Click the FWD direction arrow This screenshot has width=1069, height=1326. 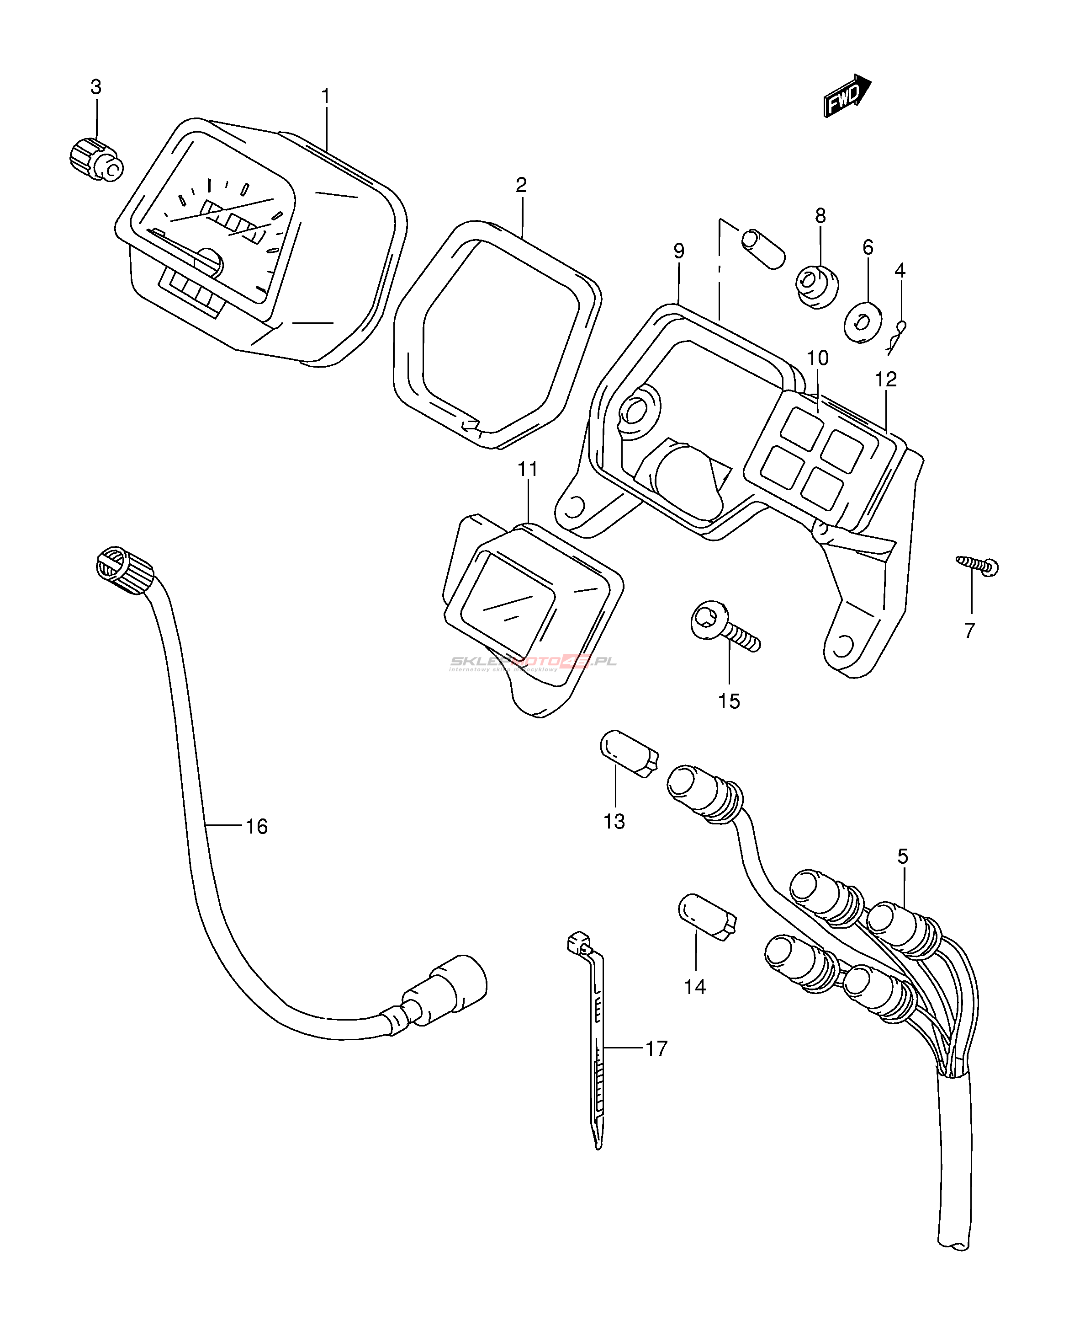click(847, 96)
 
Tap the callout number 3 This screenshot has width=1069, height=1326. click(96, 87)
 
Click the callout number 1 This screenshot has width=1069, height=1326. click(326, 97)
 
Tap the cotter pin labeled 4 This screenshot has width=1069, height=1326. click(898, 337)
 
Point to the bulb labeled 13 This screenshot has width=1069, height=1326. click(629, 753)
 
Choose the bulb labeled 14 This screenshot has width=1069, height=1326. click(707, 916)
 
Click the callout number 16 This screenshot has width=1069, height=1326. click(257, 826)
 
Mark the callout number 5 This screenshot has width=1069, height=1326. click(902, 856)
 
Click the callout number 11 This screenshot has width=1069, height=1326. click(528, 470)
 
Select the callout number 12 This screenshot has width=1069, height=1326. click(886, 380)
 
